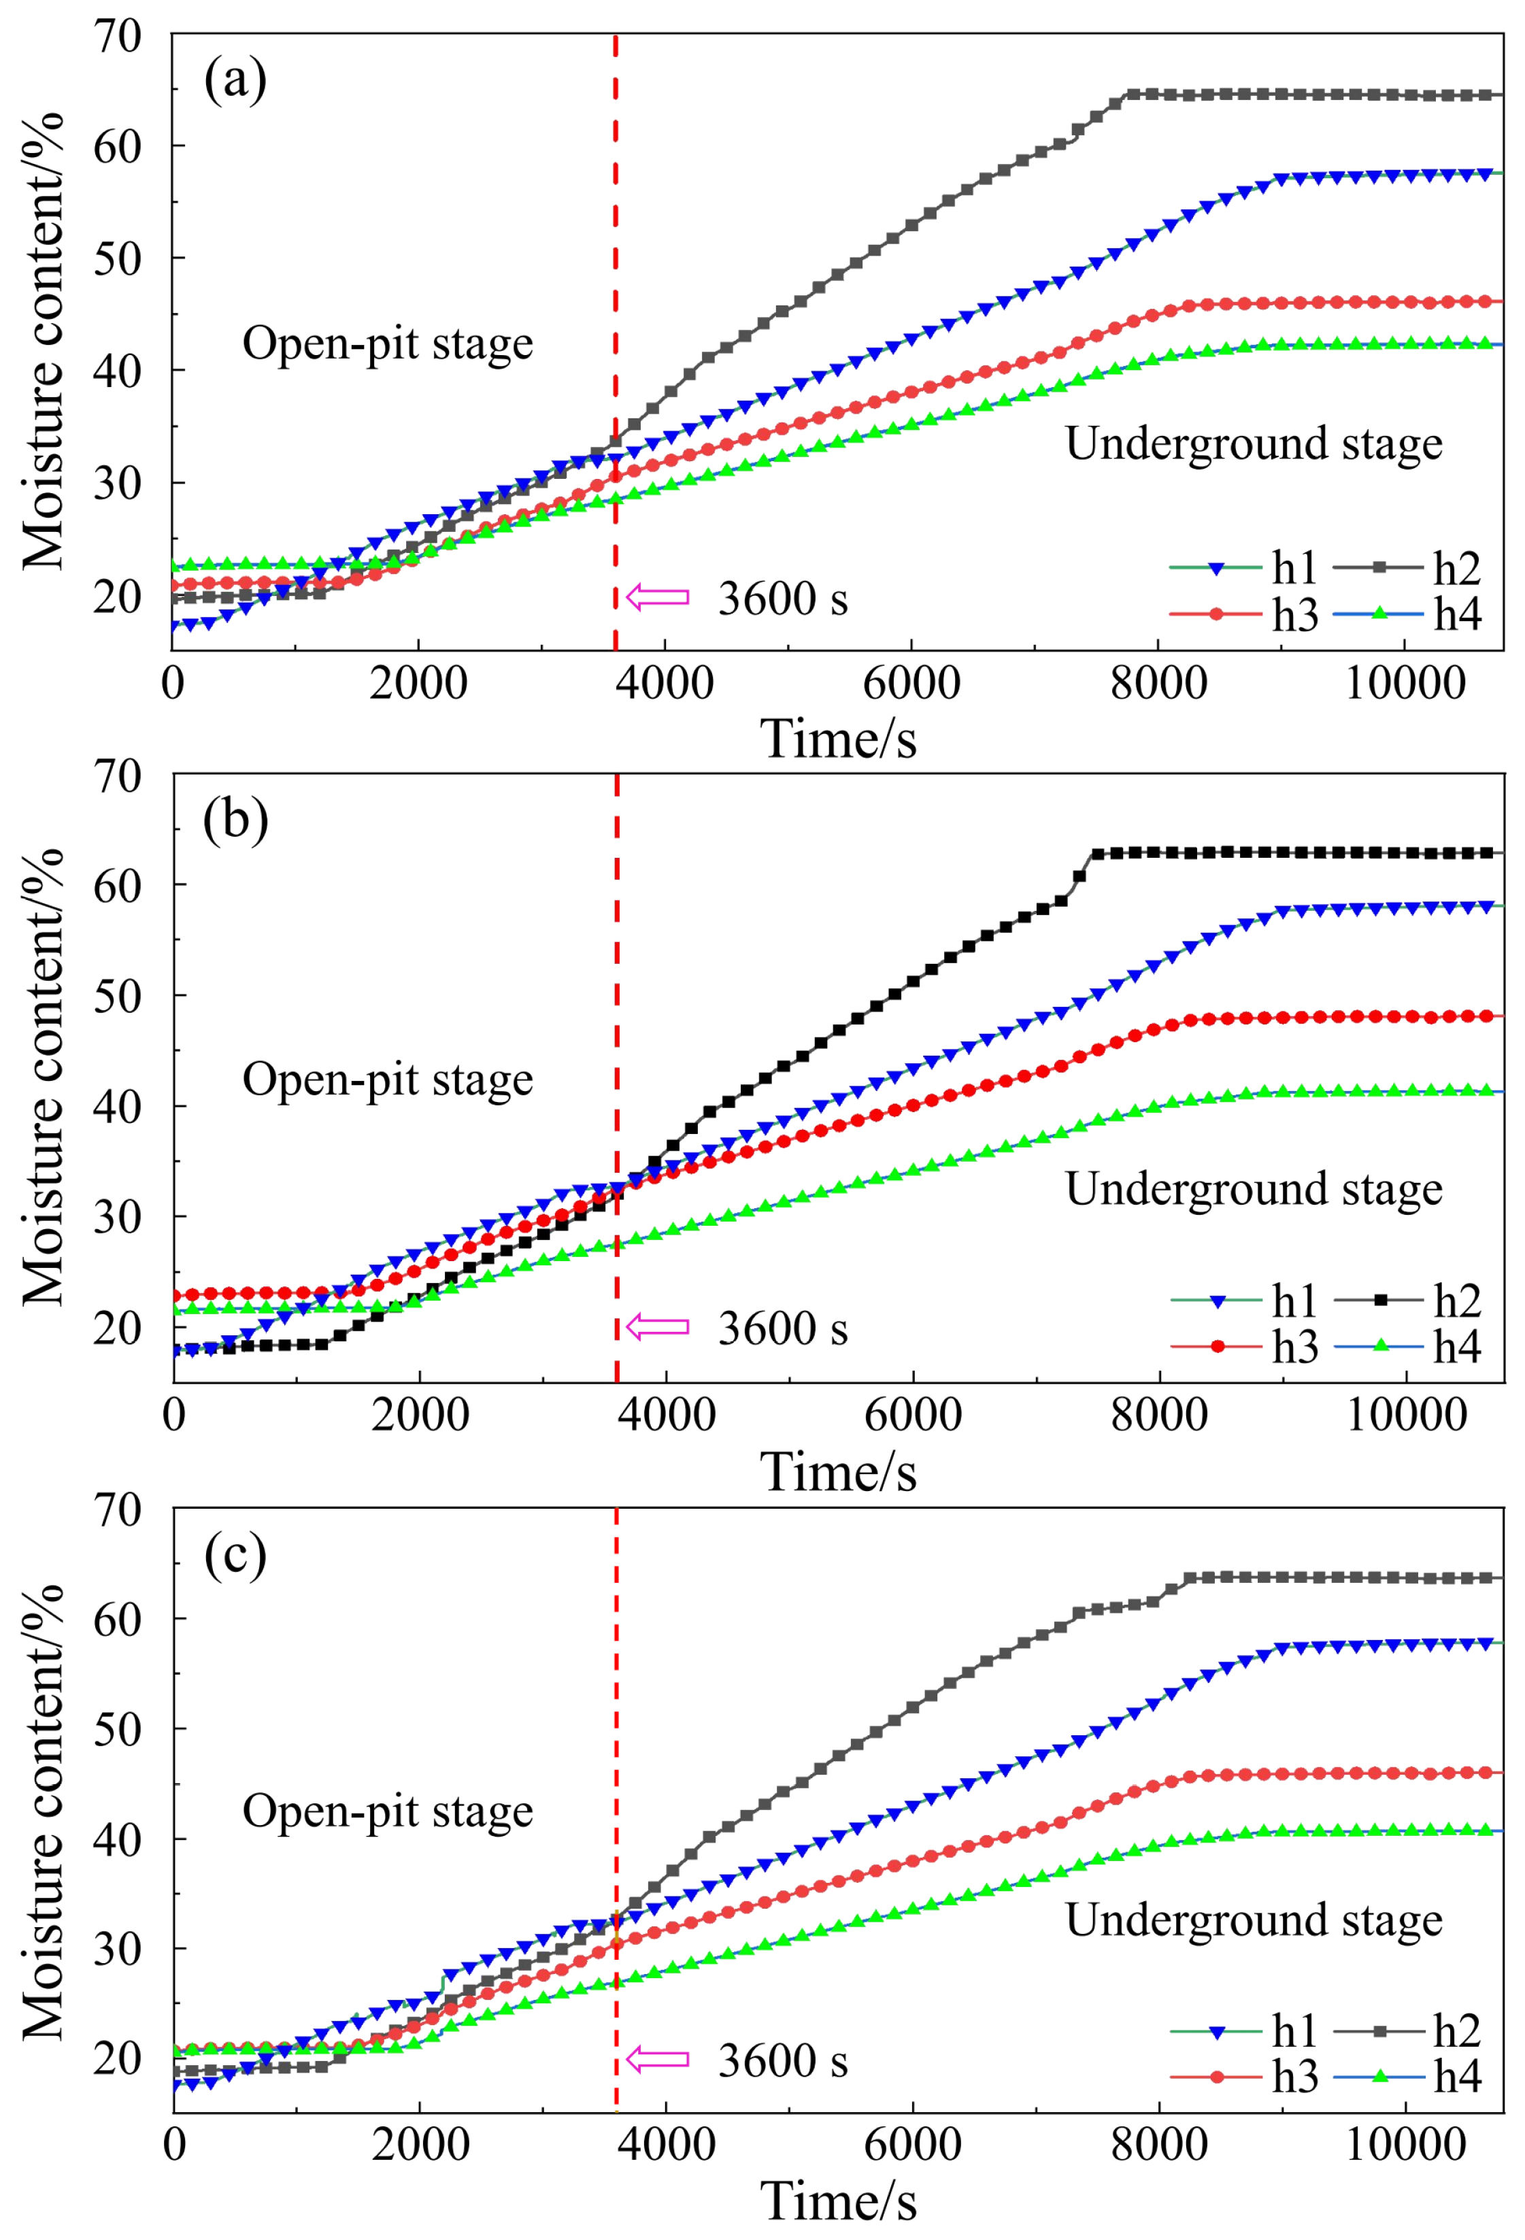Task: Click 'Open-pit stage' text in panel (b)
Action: [388, 1079]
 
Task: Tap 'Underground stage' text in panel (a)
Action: [1253, 444]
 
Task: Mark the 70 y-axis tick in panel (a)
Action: [118, 37]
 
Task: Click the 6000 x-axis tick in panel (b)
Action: [912, 1415]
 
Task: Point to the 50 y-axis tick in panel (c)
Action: [118, 1730]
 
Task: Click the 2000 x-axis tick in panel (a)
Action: [418, 684]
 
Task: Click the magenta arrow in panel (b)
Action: [658, 1327]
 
